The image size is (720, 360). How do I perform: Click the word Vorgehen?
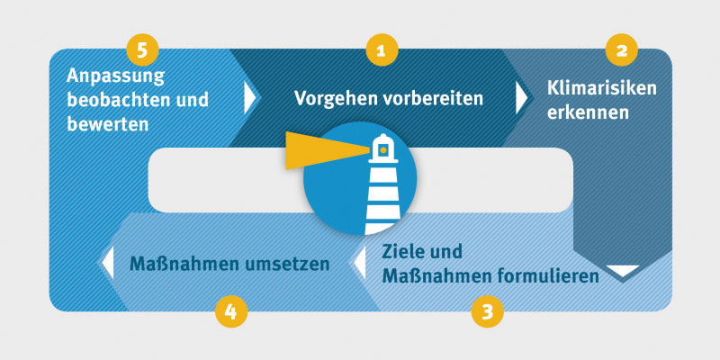tap(331, 97)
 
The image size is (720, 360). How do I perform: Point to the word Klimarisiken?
tap(602, 89)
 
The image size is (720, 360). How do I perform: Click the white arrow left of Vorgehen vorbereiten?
tap(250, 97)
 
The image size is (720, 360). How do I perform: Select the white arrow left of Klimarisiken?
tap(522, 97)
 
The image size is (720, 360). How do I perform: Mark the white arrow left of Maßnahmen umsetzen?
tap(107, 263)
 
